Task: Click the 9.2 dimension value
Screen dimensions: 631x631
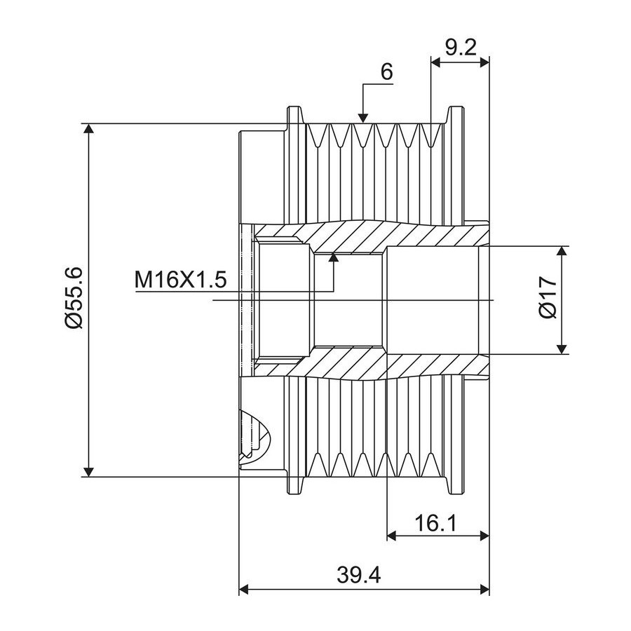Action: coord(461,48)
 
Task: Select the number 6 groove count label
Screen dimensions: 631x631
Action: coord(386,72)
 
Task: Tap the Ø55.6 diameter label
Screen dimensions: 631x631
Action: coord(74,298)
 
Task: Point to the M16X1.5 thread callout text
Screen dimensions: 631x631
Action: coord(181,279)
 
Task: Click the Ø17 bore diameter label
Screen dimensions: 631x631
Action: coord(548,297)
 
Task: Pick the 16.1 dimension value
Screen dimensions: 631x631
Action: coord(436,523)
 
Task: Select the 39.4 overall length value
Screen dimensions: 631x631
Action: coord(358,575)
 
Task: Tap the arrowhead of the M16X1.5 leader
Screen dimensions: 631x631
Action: coord(333,257)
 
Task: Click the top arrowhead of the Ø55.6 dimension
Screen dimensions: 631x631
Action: coord(88,129)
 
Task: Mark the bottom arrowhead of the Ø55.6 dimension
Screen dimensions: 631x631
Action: coord(88,471)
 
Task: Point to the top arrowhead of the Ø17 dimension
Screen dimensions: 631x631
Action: coord(562,251)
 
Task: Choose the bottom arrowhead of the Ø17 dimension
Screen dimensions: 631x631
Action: coord(562,349)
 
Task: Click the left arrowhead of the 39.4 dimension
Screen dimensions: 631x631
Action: coord(245,590)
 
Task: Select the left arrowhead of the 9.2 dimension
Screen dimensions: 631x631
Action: coord(436,62)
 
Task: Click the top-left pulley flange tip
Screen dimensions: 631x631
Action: coord(294,107)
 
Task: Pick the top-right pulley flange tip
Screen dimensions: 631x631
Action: coord(455,107)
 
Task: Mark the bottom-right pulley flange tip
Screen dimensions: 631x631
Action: coord(455,494)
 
